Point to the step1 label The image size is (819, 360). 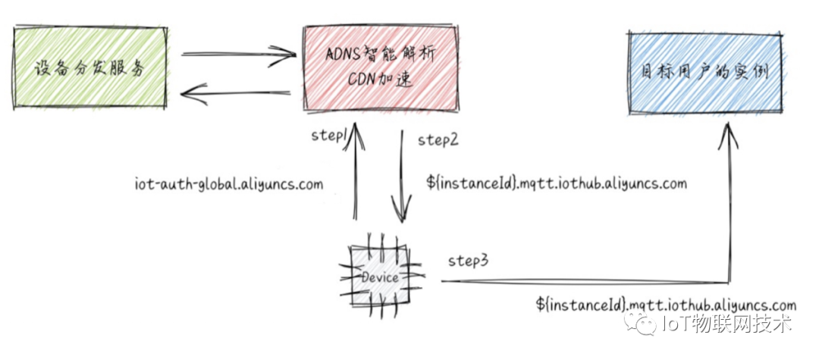[x=328, y=135]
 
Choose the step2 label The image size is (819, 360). [x=438, y=139]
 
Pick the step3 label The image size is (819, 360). [x=467, y=260]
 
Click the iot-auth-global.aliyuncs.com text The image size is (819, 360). [x=228, y=183]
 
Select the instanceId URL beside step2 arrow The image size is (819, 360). [x=557, y=183]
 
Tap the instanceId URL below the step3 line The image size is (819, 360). [x=667, y=305]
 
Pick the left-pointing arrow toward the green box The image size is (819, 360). [x=236, y=95]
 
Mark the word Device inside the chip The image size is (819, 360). [x=380, y=277]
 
